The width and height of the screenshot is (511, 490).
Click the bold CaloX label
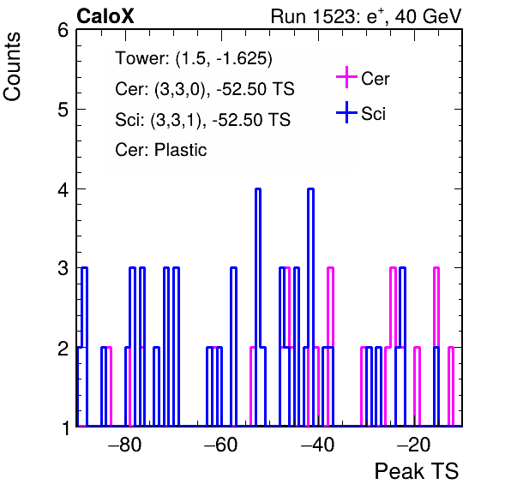tap(105, 16)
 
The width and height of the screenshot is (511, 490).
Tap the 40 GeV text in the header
tap(428, 16)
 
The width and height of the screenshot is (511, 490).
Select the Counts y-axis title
tap(12, 67)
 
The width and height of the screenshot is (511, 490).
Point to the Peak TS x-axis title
tap(417, 471)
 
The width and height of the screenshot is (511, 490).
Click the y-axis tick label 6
tap(63, 31)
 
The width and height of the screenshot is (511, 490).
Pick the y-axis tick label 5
tap(63, 110)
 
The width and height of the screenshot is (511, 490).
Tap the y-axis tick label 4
tap(63, 189)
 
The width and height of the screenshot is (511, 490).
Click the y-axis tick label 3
tap(63, 268)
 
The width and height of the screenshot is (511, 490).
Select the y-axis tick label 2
tap(63, 348)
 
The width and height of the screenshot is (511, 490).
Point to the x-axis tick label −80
tap(125, 445)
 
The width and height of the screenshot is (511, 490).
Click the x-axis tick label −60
tap(220, 445)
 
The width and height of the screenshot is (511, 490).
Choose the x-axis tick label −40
tap(317, 445)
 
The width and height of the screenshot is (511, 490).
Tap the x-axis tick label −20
tap(414, 445)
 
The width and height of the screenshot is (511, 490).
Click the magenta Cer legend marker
tap(346, 77)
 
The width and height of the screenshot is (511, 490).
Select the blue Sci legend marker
tap(346, 112)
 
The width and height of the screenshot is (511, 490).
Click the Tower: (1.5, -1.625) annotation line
tap(194, 58)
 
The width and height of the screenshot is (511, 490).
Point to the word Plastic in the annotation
tap(180, 150)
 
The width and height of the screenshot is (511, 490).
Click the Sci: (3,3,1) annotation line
tap(202, 120)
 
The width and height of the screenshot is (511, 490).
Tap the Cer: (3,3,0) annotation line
tap(205, 89)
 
